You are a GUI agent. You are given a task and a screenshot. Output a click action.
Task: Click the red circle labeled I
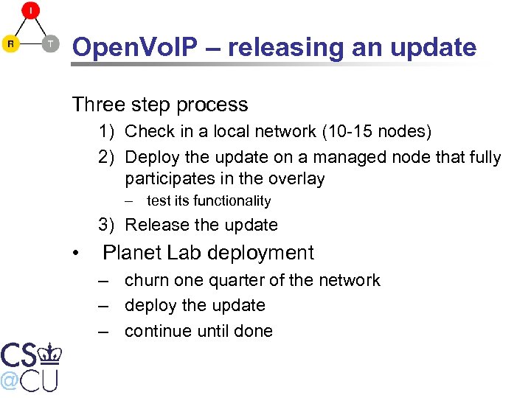tap(30, 10)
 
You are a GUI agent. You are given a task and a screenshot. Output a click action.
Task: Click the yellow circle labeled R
tap(10, 43)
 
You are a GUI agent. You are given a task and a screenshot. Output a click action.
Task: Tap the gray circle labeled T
tap(50, 43)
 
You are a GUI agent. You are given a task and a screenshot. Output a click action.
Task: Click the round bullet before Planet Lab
tap(76, 254)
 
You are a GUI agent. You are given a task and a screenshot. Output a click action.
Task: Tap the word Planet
tap(131, 253)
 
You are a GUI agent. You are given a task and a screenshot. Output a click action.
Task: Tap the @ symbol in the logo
tap(10, 380)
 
